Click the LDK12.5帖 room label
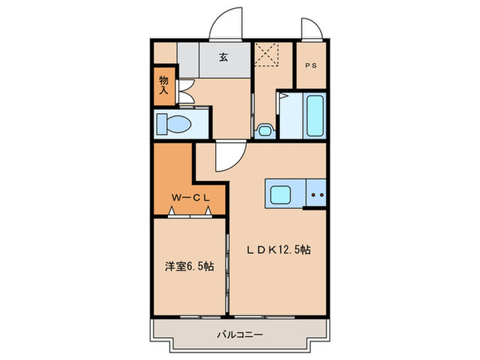[279, 250]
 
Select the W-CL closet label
[189, 198]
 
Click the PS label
[311, 67]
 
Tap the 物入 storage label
[164, 84]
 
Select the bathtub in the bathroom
[315, 116]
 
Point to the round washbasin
[263, 130]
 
